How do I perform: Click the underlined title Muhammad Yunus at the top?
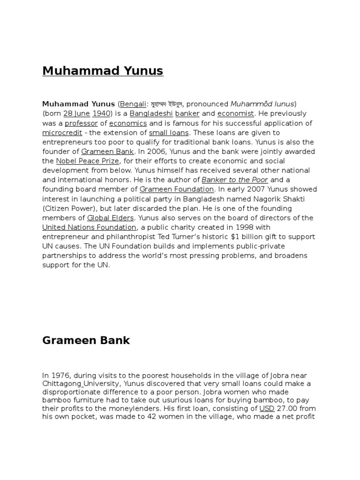point(103,71)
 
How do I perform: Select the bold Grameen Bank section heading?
point(86,340)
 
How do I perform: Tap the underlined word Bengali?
point(134,104)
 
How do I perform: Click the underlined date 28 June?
point(76,113)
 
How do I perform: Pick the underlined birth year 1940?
point(101,113)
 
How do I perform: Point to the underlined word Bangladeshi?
point(151,113)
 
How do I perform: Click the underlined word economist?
point(235,113)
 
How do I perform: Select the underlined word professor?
point(81,123)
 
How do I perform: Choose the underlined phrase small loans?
point(169,133)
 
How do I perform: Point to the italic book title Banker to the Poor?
point(234,180)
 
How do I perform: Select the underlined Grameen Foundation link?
point(177,189)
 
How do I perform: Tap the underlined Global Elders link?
point(111,218)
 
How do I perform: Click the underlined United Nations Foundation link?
point(89,227)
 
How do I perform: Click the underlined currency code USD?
point(267,408)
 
